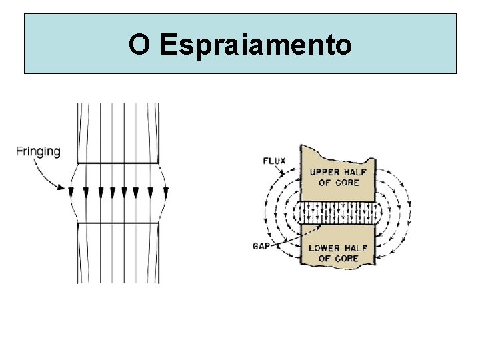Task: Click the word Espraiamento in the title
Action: pyautogui.click(x=256, y=45)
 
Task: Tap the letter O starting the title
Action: pyautogui.click(x=139, y=45)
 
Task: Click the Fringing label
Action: pyautogui.click(x=38, y=151)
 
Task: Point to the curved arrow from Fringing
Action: pyautogui.click(x=50, y=175)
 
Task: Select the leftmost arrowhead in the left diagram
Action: pyautogui.click(x=71, y=192)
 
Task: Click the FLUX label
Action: pyautogui.click(x=276, y=161)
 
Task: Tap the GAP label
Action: pyautogui.click(x=261, y=245)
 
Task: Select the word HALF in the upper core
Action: pyautogui.click(x=357, y=172)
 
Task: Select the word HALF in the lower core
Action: pyautogui.click(x=357, y=248)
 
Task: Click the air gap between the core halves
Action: pyautogui.click(x=339, y=213)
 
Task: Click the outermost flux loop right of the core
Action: pyautogui.click(x=409, y=213)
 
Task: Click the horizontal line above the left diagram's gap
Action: pyautogui.click(x=117, y=163)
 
